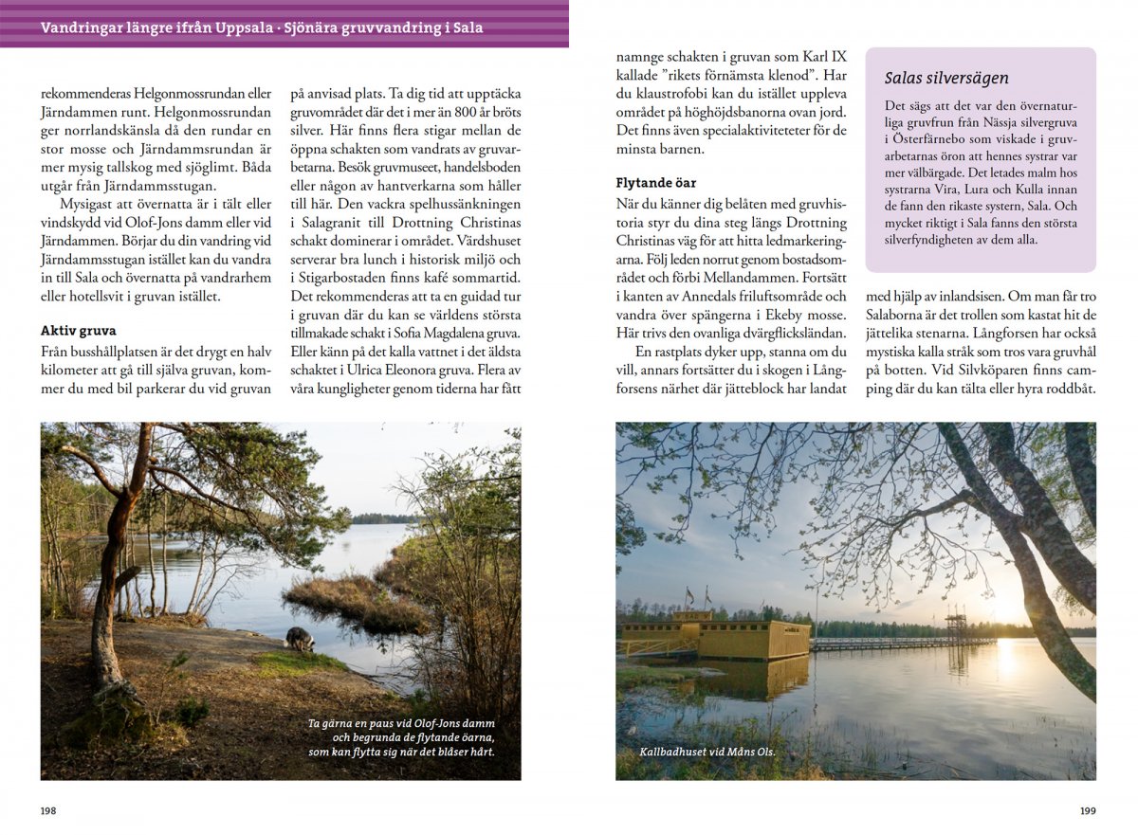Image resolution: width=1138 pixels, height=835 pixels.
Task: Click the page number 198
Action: [x=47, y=811]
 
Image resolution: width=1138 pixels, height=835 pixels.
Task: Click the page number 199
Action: [x=1089, y=811]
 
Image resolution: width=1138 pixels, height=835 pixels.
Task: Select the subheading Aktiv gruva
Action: [x=78, y=331]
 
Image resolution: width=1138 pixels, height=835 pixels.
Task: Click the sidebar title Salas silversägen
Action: [x=946, y=78]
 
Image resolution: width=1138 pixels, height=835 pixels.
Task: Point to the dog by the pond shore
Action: [x=300, y=640]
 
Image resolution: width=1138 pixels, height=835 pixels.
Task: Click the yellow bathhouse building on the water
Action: [x=740, y=640]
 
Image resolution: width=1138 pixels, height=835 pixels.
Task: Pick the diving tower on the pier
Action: [x=956, y=626]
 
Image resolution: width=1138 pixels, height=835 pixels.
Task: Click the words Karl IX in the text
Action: [x=828, y=56]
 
